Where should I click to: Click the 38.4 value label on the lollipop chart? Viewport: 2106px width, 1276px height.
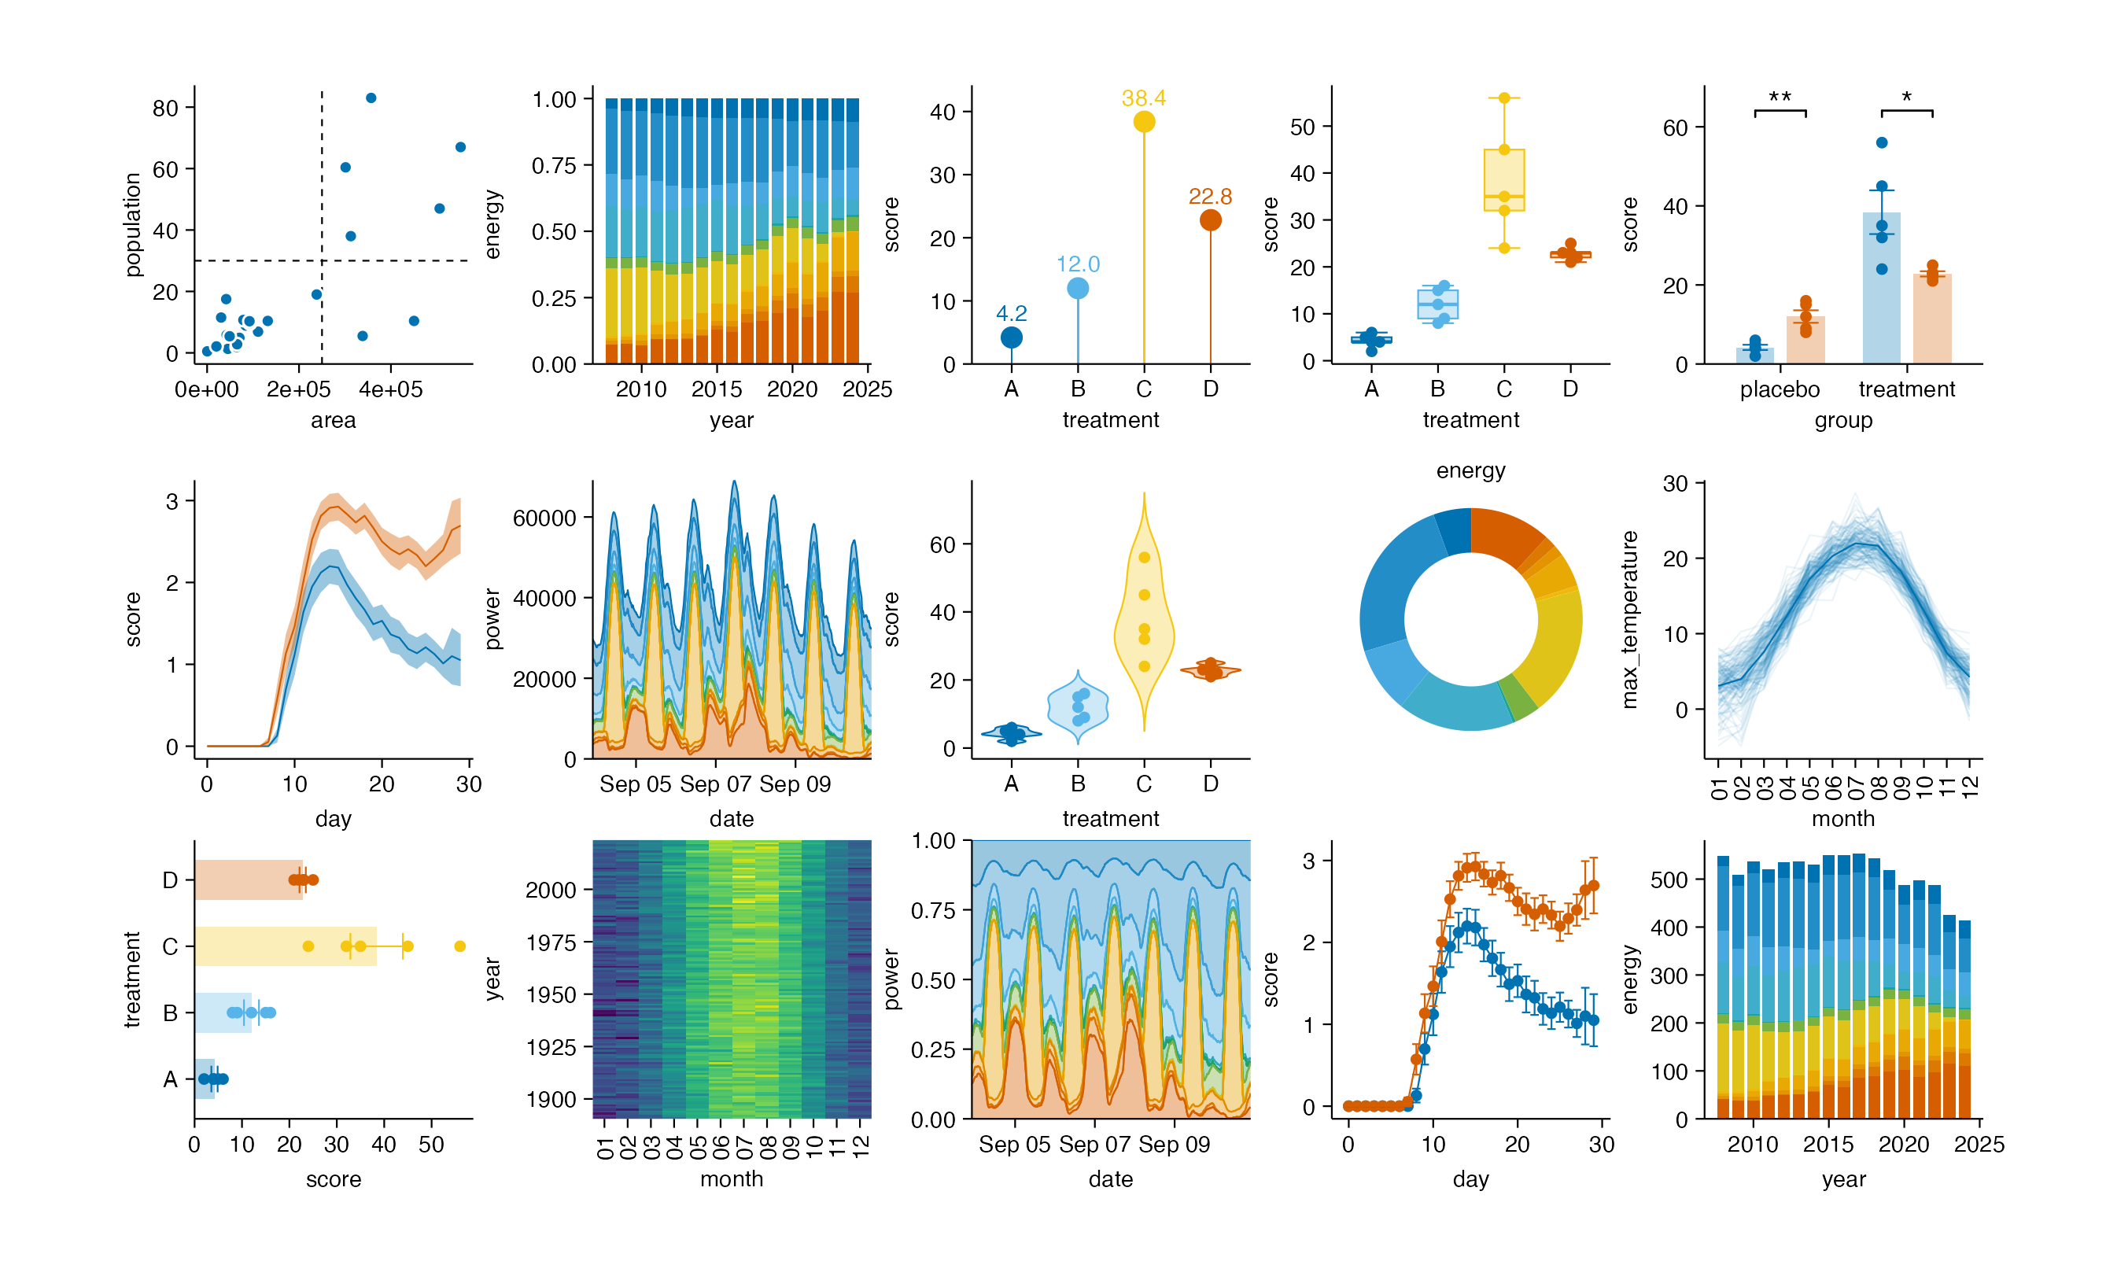click(x=1144, y=98)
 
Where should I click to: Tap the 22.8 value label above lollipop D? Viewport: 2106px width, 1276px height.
click(x=1209, y=197)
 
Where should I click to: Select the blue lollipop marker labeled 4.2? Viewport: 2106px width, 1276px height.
click(x=1011, y=337)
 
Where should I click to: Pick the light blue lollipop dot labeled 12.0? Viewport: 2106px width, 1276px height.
click(x=1078, y=289)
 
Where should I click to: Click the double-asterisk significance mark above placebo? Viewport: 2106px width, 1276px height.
click(x=1780, y=98)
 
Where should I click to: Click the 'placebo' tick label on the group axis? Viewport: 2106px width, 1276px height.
click(x=1780, y=389)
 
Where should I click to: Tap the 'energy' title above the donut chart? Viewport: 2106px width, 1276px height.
click(x=1470, y=471)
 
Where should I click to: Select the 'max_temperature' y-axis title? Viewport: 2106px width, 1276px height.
click(x=1630, y=620)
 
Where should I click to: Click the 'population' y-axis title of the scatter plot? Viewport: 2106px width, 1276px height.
click(x=131, y=225)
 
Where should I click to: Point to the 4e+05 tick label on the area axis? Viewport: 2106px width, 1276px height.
click(x=391, y=389)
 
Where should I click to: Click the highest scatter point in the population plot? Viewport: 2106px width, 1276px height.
click(x=371, y=98)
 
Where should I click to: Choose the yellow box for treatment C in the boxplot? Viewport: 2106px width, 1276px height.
click(x=1504, y=180)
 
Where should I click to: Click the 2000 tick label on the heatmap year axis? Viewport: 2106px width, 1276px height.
click(x=551, y=891)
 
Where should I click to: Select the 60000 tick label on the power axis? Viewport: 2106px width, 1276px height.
click(x=544, y=518)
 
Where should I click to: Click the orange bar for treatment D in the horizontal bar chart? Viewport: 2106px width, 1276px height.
click(x=248, y=880)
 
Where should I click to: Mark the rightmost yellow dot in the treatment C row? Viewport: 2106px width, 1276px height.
click(x=460, y=946)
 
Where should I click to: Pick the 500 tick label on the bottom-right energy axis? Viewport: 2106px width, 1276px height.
click(x=1669, y=880)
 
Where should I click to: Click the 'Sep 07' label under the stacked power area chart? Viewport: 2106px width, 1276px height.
click(x=714, y=784)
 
